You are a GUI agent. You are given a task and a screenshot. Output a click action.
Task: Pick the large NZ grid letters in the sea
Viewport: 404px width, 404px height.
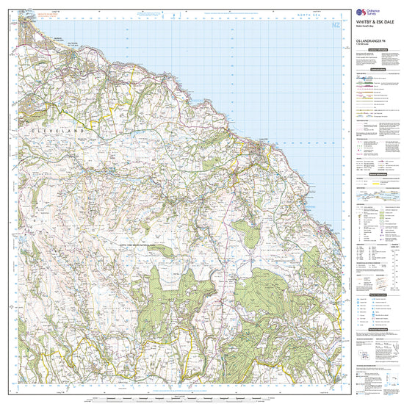(336, 26)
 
